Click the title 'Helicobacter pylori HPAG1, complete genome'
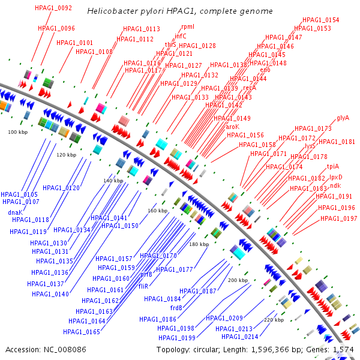pos(179,11)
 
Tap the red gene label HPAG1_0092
pos(53,8)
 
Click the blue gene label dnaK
pos(16,212)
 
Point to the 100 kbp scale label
pos(17,131)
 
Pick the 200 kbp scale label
pos(238,280)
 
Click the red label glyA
pos(343,118)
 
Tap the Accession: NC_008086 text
pos(46,349)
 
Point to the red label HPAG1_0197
pos(338,218)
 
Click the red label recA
pos(249,88)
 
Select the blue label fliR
pos(143,286)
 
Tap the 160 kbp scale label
pos(157,211)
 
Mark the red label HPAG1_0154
pos(320,20)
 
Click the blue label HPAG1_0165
pos(81,332)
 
